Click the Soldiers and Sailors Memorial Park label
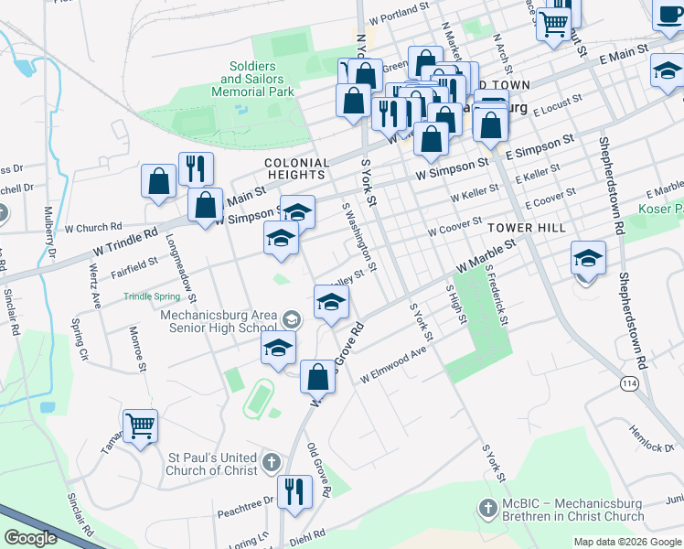[x=252, y=80]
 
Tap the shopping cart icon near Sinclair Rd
[x=140, y=425]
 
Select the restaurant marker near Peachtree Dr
[x=294, y=491]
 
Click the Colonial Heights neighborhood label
[x=294, y=168]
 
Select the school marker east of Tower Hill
[x=588, y=258]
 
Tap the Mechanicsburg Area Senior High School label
[x=219, y=320]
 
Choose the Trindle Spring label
[x=153, y=296]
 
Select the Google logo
[x=30, y=538]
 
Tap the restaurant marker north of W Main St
[x=196, y=168]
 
